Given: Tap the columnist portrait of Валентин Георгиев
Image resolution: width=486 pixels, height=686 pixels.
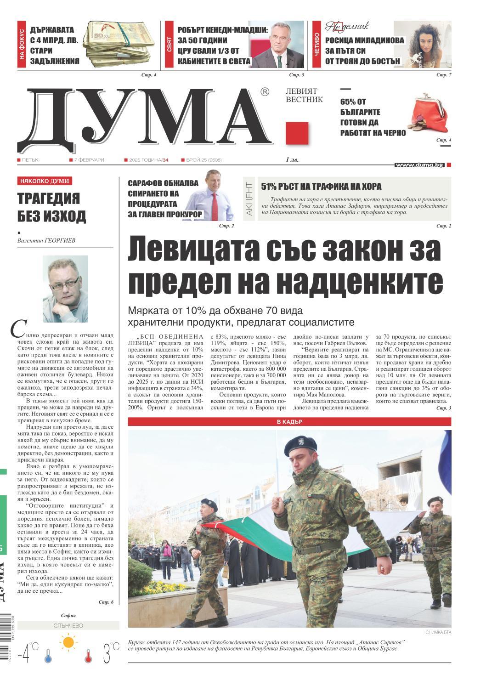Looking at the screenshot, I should tap(65, 289).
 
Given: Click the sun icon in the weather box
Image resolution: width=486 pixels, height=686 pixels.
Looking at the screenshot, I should tap(68, 642).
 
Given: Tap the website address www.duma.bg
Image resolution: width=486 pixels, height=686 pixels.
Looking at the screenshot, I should tap(419, 164).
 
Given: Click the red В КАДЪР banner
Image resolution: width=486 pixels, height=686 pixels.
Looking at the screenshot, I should tap(289, 422).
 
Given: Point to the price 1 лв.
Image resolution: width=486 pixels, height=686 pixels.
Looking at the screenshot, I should tap(292, 160).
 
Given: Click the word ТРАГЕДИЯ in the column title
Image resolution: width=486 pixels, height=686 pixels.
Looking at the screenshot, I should tap(49, 199).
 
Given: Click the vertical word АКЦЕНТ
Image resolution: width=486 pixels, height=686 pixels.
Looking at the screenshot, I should tap(249, 199).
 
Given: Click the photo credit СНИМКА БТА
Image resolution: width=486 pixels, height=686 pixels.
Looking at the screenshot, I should tap(438, 633).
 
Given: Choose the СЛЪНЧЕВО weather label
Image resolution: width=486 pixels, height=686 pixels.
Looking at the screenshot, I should tap(68, 626).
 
